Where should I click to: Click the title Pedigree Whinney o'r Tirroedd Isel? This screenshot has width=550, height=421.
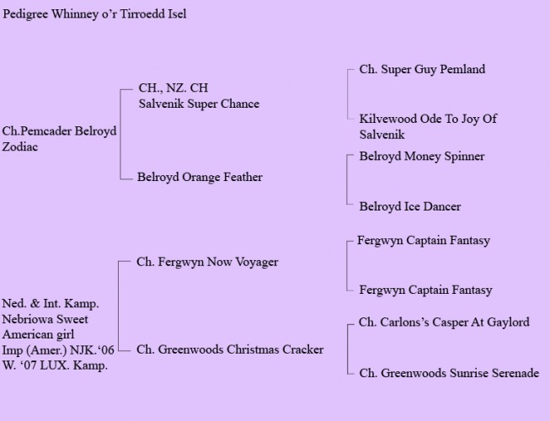pyautogui.click(x=94, y=14)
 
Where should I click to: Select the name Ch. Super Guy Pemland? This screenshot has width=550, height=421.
pyautogui.click(x=422, y=69)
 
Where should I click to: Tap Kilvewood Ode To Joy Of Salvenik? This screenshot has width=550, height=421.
pyautogui.click(x=428, y=126)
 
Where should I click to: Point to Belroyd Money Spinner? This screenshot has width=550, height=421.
pyautogui.click(x=422, y=157)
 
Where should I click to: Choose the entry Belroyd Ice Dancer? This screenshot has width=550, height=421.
pyautogui.click(x=409, y=206)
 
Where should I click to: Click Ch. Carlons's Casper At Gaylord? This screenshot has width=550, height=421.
pyautogui.click(x=444, y=322)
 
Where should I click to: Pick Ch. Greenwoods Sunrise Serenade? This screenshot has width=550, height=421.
pyautogui.click(x=449, y=373)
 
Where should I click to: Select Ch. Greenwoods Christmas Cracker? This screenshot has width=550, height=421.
pyautogui.click(x=230, y=349)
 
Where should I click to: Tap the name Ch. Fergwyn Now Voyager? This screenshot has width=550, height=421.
pyautogui.click(x=207, y=262)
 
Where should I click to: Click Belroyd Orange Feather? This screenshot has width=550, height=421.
pyautogui.click(x=200, y=177)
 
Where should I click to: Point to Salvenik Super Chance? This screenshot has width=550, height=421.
pyautogui.click(x=199, y=104)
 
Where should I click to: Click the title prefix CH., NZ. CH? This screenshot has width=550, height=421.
pyautogui.click(x=174, y=88)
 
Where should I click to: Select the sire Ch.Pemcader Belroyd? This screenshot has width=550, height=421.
pyautogui.click(x=59, y=131)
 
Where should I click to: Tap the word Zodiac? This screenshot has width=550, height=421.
pyautogui.click(x=20, y=147)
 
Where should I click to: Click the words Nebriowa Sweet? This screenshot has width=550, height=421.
pyautogui.click(x=45, y=319)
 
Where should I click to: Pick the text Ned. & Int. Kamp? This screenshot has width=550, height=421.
pyautogui.click(x=51, y=304)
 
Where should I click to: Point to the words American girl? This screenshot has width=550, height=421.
pyautogui.click(x=38, y=334)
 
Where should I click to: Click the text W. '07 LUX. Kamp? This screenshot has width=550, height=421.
pyautogui.click(x=55, y=365)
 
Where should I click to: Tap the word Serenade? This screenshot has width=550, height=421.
pyautogui.click(x=515, y=373)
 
